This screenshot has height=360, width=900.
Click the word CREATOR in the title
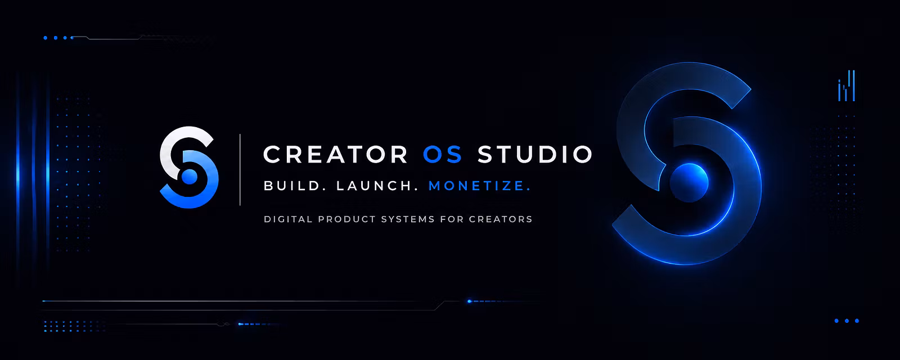click(x=335, y=154)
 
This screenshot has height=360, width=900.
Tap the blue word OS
click(x=443, y=154)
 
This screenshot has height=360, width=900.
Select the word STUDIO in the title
click(x=535, y=154)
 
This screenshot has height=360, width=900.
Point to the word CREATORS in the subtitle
click(x=501, y=219)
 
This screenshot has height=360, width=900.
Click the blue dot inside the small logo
click(x=189, y=176)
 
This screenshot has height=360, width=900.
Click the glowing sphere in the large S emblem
click(x=688, y=183)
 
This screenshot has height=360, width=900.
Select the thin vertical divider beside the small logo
click(x=240, y=169)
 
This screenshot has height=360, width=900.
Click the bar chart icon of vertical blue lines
click(x=846, y=85)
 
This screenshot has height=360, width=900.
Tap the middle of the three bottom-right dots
click(x=847, y=321)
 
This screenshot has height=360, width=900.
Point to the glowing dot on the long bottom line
click(x=469, y=301)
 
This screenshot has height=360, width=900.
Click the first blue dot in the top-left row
click(x=46, y=38)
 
